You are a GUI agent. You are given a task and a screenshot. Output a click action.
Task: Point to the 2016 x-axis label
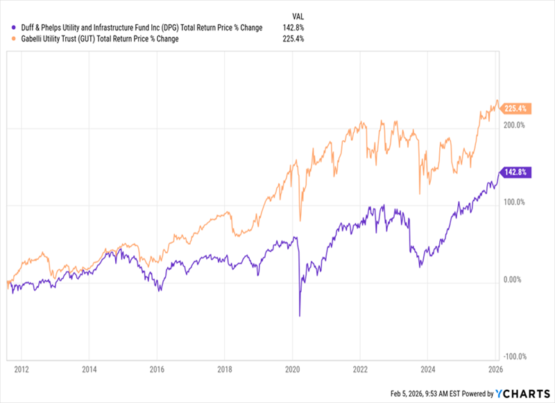[157, 369]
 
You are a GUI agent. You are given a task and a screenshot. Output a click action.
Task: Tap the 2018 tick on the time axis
[225, 369]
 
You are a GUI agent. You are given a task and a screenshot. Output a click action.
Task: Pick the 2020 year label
[292, 369]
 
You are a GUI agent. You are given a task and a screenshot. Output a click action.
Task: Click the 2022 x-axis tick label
[360, 369]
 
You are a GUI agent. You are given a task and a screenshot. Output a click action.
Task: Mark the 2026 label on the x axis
[495, 369]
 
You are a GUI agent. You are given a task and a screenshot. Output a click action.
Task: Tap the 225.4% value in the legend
[293, 40]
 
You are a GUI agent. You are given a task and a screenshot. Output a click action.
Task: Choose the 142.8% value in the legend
[293, 27]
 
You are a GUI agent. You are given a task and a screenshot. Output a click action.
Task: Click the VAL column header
[296, 14]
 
